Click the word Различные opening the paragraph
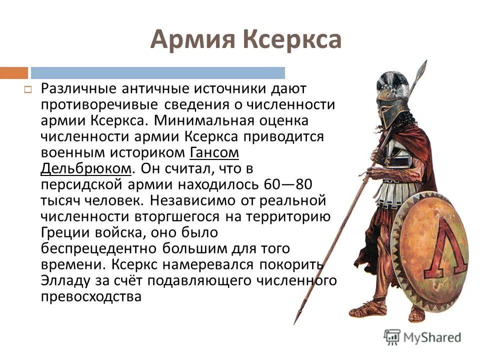click(x=79, y=88)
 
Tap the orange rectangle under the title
click(x=14, y=73)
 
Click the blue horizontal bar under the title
click(x=158, y=73)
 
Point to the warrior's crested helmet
click(x=393, y=95)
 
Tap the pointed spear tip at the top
click(x=422, y=67)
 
